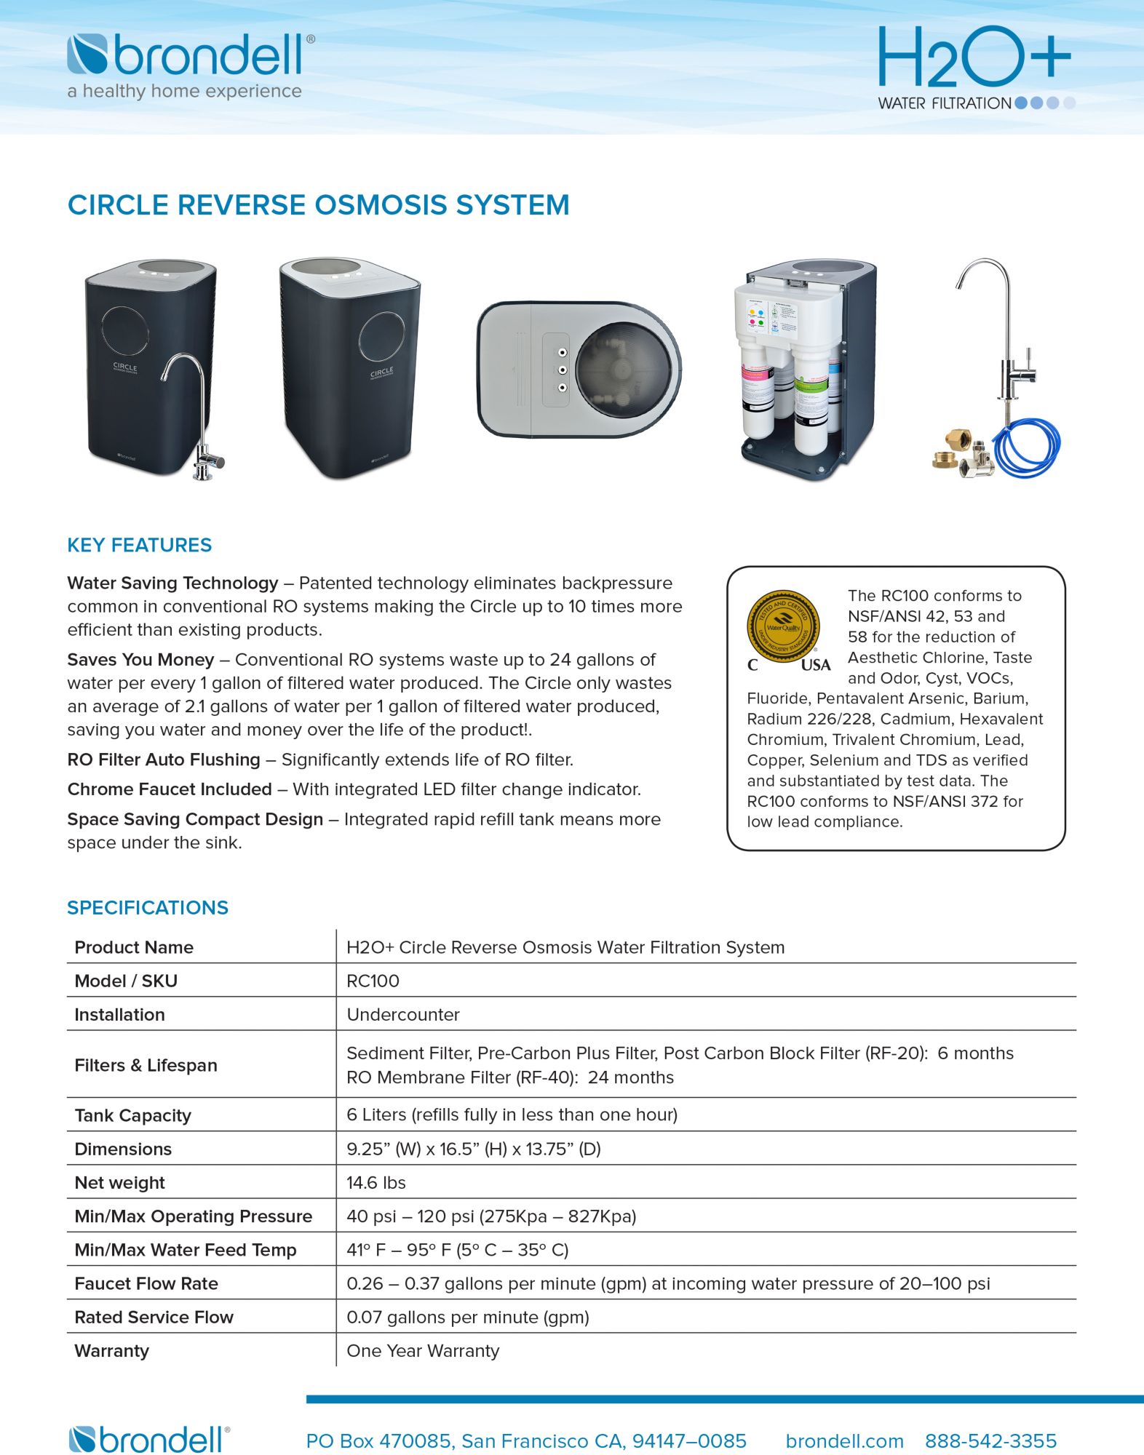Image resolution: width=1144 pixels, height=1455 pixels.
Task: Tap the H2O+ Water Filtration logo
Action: (975, 67)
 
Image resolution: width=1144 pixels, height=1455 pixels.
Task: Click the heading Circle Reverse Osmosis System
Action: (318, 205)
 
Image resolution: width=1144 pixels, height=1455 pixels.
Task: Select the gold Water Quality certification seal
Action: (783, 624)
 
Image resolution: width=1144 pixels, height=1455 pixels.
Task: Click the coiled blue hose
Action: (1027, 451)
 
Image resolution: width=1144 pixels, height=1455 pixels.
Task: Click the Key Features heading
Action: (139, 545)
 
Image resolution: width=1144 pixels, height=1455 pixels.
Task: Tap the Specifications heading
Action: (148, 907)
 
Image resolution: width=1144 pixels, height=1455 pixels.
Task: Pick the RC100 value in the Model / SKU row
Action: (373, 981)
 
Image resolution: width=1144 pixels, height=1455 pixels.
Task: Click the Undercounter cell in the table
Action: (403, 1014)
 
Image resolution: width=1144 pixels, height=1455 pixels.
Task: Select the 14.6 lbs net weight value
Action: (376, 1182)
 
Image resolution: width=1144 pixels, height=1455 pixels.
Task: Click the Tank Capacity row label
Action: (132, 1115)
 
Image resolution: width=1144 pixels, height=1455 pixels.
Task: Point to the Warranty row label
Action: (111, 1350)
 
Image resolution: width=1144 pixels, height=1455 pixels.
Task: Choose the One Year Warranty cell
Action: (423, 1350)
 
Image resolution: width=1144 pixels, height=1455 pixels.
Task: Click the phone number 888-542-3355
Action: (990, 1440)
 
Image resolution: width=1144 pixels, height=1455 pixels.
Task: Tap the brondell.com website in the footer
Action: (844, 1440)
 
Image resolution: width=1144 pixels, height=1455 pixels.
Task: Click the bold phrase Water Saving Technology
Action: (172, 583)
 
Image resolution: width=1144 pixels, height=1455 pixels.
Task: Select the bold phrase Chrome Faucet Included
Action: (170, 789)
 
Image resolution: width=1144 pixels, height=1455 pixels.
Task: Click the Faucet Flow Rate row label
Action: (146, 1283)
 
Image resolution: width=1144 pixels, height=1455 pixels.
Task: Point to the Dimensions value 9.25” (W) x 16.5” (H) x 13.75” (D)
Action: (474, 1149)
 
